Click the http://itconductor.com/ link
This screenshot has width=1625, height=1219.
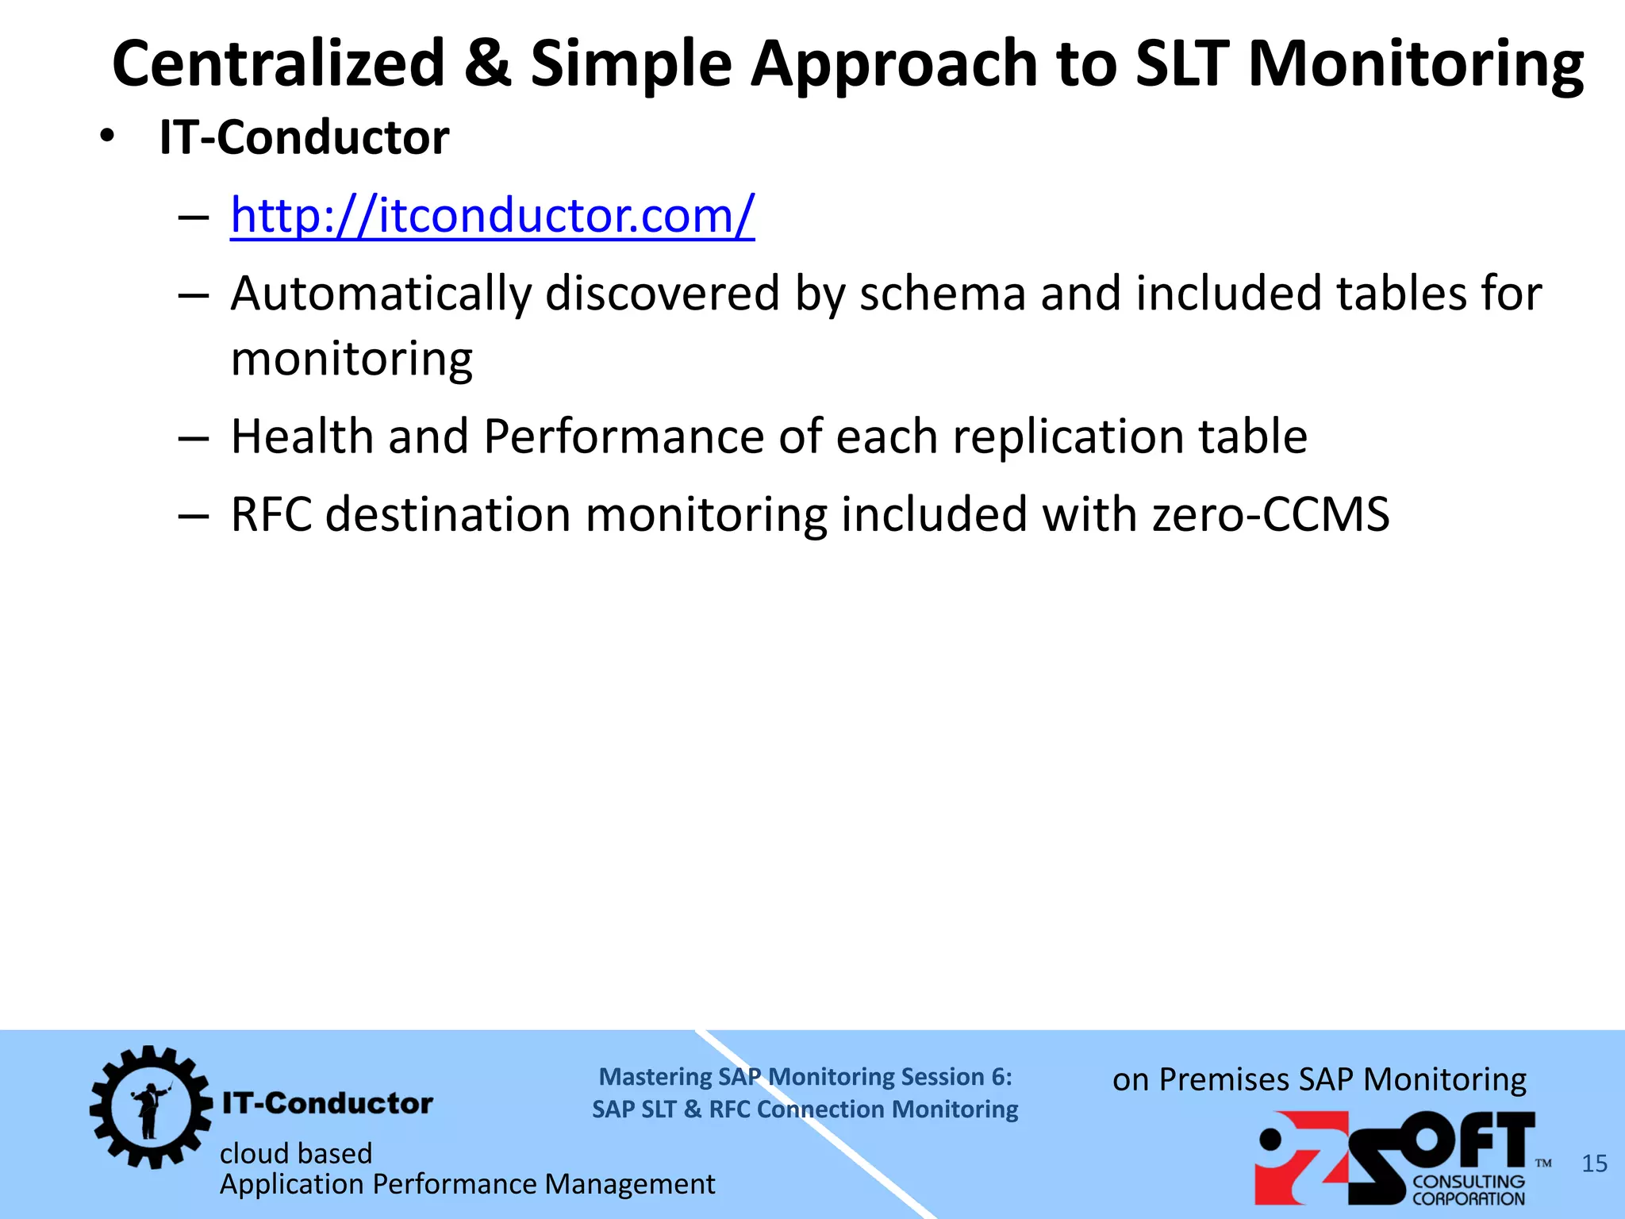[x=492, y=215]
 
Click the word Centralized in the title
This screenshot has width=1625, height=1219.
[x=279, y=63]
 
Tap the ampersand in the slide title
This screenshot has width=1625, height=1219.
[x=487, y=63]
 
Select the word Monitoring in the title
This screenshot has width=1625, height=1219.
[x=1416, y=63]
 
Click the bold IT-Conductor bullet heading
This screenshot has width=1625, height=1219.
[x=304, y=137]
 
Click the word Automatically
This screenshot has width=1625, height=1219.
[x=380, y=294]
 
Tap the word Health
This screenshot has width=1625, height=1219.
[x=302, y=436]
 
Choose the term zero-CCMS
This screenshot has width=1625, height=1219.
[x=1270, y=514]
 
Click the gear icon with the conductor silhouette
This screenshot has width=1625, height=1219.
[x=150, y=1106]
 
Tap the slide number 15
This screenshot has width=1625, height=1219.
[x=1594, y=1163]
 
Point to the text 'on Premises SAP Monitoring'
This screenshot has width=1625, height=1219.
[x=1319, y=1079]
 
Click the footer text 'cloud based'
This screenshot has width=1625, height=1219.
[x=296, y=1153]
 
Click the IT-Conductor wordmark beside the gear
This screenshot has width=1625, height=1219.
[x=328, y=1103]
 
